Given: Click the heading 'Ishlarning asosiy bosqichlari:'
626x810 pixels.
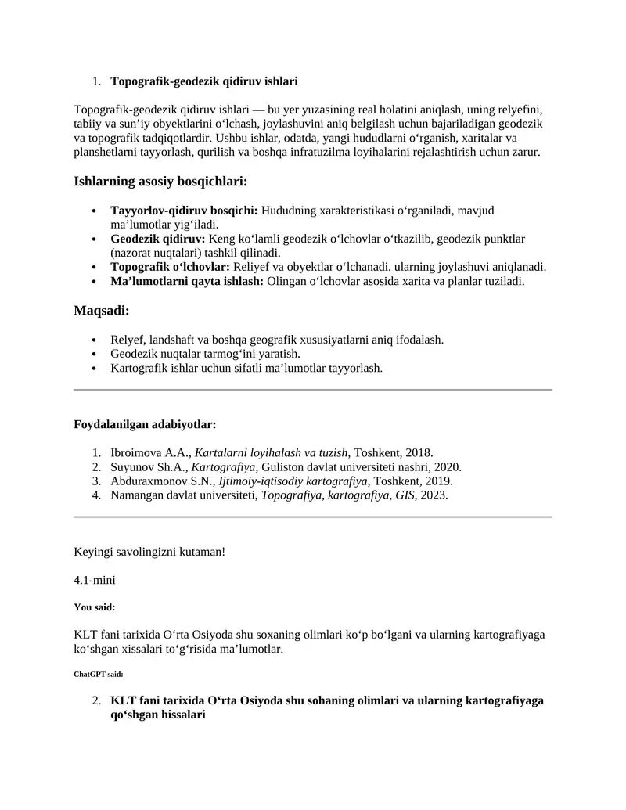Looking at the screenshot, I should [x=160, y=182].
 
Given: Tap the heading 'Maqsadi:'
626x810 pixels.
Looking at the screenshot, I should [x=101, y=311].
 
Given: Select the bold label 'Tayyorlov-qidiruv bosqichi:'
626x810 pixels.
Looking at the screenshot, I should [x=185, y=211].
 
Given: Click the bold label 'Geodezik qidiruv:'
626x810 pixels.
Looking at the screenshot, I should [x=158, y=239].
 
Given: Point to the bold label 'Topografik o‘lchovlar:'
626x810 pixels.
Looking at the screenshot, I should [x=171, y=267].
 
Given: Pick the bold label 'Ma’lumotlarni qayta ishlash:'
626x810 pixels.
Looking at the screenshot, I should [x=187, y=281].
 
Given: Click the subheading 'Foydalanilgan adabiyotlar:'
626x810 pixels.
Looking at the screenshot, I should [x=145, y=424].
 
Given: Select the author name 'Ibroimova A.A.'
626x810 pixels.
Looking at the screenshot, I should [x=150, y=452].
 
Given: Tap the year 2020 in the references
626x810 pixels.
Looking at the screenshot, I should [x=448, y=466].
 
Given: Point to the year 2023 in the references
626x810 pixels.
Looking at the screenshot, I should [x=434, y=495].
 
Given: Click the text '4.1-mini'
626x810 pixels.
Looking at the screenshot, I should [x=93, y=580].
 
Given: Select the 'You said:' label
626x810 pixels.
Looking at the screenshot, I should [x=95, y=607].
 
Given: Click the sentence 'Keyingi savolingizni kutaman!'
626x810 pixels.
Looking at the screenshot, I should [x=149, y=552].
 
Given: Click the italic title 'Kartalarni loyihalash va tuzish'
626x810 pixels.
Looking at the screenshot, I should [x=271, y=452].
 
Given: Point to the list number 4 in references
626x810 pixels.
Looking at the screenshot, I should [x=96, y=495].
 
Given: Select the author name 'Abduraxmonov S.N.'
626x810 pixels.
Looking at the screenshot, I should [x=160, y=481].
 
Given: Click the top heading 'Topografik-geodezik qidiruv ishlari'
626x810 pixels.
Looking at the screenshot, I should [x=204, y=81].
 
